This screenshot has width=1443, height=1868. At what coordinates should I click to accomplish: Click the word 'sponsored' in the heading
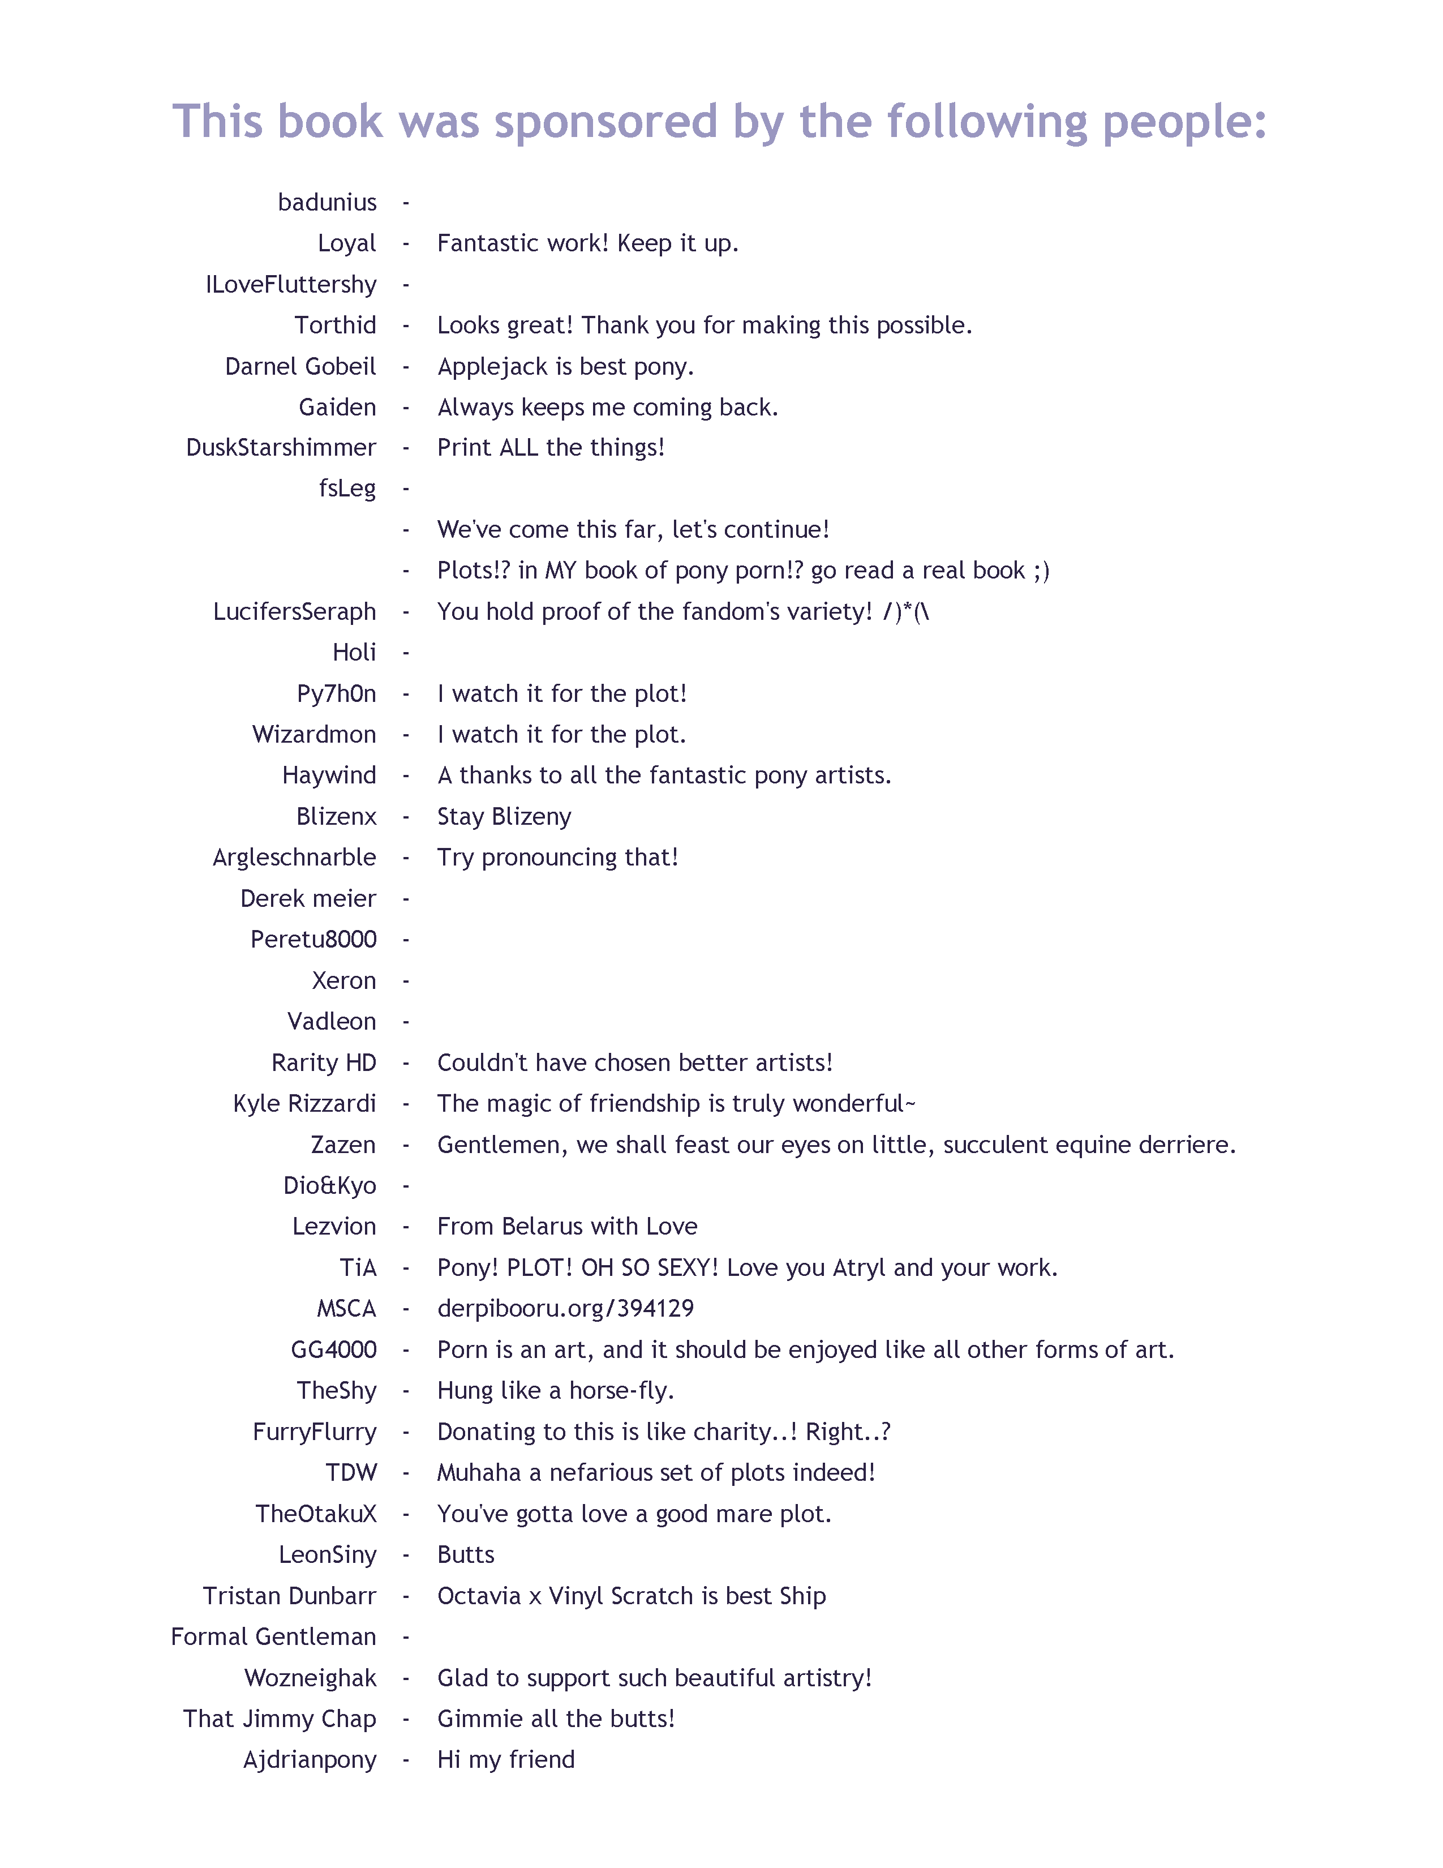click(x=606, y=122)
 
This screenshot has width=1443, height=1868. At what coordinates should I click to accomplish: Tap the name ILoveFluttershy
click(x=291, y=285)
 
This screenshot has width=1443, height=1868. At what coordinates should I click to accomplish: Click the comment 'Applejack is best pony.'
click(x=565, y=367)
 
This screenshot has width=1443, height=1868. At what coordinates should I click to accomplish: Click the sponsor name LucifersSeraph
click(x=294, y=612)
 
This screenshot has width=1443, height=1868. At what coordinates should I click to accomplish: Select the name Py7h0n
click(x=336, y=693)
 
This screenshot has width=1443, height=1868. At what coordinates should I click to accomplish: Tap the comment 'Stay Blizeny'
click(x=504, y=817)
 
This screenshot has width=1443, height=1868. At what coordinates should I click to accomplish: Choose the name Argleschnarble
click(x=294, y=858)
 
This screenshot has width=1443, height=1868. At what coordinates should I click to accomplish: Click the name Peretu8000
click(x=313, y=940)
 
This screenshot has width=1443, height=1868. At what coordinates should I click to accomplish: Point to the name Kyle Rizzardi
click(x=304, y=1104)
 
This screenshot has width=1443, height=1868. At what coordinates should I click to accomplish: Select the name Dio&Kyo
click(x=329, y=1186)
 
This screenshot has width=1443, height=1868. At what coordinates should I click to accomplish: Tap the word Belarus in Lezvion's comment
click(x=543, y=1227)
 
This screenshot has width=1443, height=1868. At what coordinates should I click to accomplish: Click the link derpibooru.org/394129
click(x=565, y=1309)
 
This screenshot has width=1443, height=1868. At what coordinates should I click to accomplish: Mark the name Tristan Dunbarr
click(x=289, y=1596)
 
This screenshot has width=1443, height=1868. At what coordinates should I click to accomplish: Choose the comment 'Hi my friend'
click(x=505, y=1760)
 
